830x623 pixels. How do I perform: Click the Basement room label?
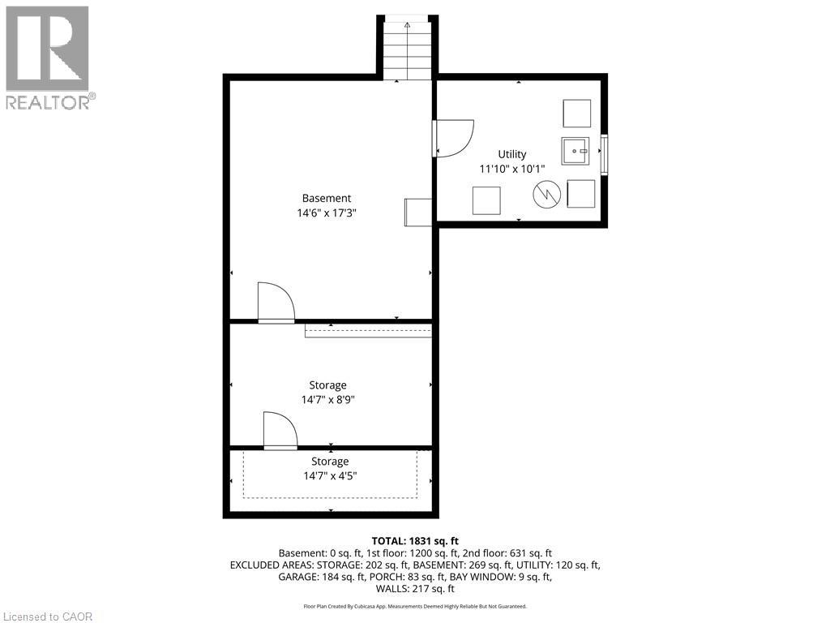[327, 198]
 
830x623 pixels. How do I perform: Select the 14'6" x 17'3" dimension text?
[327, 213]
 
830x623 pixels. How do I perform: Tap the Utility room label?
[511, 154]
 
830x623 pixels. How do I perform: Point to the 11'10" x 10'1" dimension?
[511, 169]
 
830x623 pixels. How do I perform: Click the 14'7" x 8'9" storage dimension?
[327, 400]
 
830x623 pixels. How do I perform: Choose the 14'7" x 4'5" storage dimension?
[330, 476]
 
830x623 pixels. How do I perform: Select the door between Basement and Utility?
[452, 138]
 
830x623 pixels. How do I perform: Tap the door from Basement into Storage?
[276, 303]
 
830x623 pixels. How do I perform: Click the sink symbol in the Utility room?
[575, 151]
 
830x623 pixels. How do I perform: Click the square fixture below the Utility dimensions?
[486, 200]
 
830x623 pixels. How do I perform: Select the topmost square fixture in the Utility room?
[576, 114]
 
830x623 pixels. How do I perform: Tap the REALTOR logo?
[49, 57]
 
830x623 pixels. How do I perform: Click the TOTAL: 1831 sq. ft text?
[415, 540]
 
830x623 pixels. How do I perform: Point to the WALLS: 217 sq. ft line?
[415, 587]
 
